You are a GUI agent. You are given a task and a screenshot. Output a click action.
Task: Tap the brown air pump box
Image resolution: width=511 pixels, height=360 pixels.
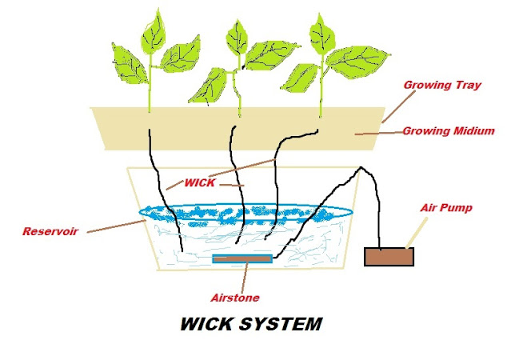click(x=389, y=257)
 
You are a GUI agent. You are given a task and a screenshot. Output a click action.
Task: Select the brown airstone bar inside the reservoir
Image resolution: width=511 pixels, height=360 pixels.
click(x=242, y=258)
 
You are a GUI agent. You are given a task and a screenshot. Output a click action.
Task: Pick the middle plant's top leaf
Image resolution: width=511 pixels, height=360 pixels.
click(x=237, y=34)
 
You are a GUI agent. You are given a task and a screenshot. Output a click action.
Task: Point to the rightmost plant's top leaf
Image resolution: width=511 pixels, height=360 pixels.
click(x=321, y=30)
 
